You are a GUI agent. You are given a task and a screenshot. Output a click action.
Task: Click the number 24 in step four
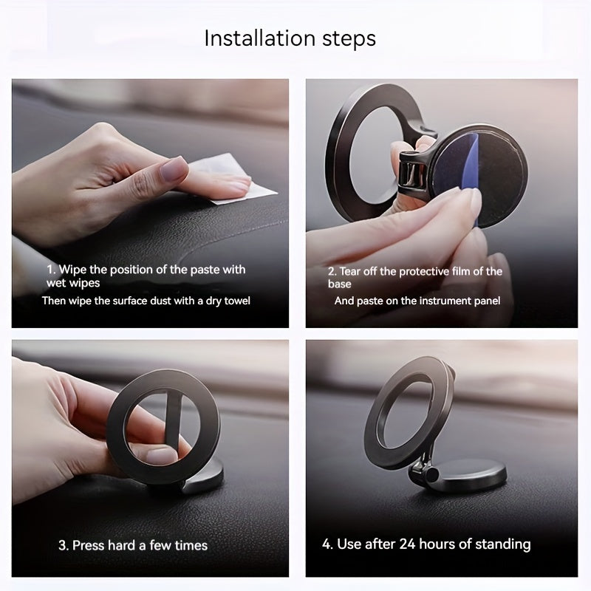click(408, 544)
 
